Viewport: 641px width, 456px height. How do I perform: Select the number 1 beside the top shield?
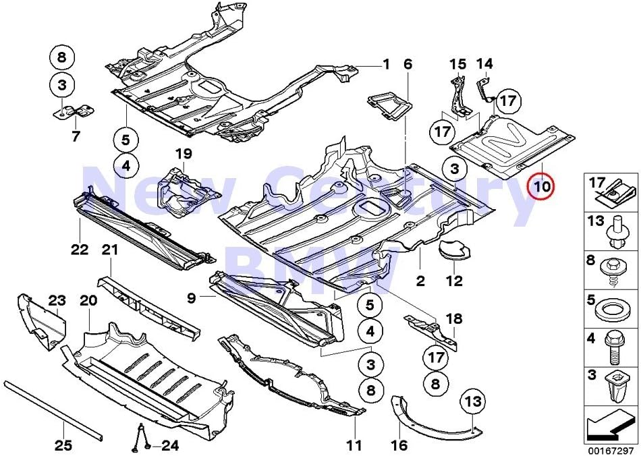(x=386, y=65)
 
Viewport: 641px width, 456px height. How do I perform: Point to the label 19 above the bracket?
(x=184, y=154)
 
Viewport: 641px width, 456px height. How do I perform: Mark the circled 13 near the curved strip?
(x=473, y=403)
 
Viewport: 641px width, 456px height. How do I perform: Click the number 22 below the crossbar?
(x=80, y=250)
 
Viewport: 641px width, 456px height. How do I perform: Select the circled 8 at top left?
(x=62, y=58)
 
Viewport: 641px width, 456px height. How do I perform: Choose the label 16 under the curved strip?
(x=399, y=445)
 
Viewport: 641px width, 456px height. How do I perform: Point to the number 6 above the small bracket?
(x=408, y=65)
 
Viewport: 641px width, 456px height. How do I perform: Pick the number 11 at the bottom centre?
(x=354, y=445)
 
